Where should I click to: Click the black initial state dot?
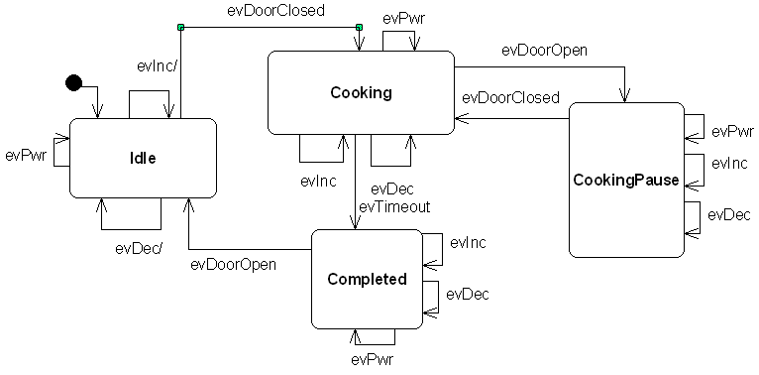pos(73,82)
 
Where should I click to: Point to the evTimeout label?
pos(393,206)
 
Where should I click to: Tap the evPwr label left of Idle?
pos(25,155)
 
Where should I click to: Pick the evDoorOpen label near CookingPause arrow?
pos(544,50)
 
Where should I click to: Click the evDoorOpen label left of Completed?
pos(233,264)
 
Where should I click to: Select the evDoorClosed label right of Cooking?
pos(510,97)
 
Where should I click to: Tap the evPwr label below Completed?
pos(372,358)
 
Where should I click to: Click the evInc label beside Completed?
pos(467,242)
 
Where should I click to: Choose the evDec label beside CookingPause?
pos(729,213)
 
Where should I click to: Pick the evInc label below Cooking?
pos(319,182)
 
